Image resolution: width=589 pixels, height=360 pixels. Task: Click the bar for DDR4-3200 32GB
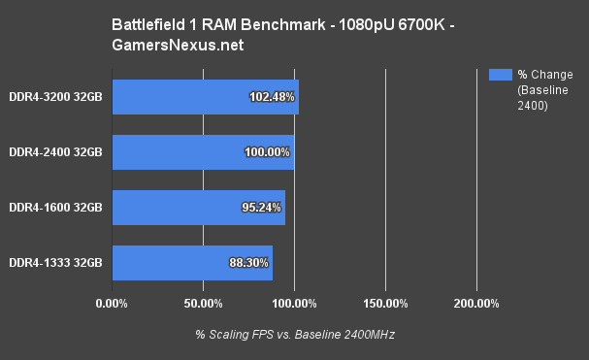pos(175,96)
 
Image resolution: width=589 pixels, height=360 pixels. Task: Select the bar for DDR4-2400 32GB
pos(175,152)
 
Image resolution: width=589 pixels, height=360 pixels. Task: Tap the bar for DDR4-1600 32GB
pos(175,208)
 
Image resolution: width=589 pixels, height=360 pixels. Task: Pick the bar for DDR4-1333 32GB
pos(175,262)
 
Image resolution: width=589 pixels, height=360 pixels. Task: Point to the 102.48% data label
pos(273,96)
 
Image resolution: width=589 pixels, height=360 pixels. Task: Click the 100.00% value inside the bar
pos(268,152)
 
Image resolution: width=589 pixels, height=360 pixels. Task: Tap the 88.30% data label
pos(249,262)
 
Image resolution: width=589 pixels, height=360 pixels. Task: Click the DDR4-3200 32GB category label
pos(56,96)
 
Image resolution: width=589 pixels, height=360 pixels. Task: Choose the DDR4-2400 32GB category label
pos(56,152)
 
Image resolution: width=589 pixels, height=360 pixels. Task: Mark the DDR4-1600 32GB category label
pos(56,208)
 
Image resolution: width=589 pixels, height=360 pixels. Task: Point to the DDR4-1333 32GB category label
pos(56,262)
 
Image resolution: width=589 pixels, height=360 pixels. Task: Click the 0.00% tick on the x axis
pos(113,304)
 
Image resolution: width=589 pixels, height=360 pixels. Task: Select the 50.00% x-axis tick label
pos(203,304)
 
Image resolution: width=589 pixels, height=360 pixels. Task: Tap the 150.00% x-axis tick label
pos(385,304)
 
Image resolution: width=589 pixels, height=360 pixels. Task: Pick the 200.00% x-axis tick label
pos(476,304)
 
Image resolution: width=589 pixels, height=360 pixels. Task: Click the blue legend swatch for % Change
pos(500,74)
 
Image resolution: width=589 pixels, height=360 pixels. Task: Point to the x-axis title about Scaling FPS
pos(295,334)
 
